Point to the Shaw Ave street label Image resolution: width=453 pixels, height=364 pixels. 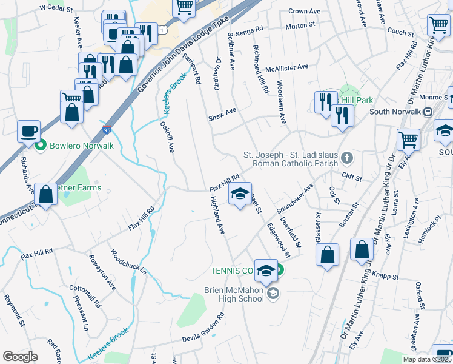pos(222,113)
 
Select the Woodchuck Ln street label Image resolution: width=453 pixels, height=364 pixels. pos(128,261)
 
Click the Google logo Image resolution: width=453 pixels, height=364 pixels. pos(20,356)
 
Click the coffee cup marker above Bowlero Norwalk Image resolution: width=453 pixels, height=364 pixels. pos(28,131)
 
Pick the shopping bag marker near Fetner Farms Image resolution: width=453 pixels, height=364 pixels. pos(46,194)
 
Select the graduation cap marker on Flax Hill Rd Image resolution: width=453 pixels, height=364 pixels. pos(240,194)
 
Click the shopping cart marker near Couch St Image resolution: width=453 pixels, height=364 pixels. pos(438,25)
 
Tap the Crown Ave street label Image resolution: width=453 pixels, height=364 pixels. pos(305,11)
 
